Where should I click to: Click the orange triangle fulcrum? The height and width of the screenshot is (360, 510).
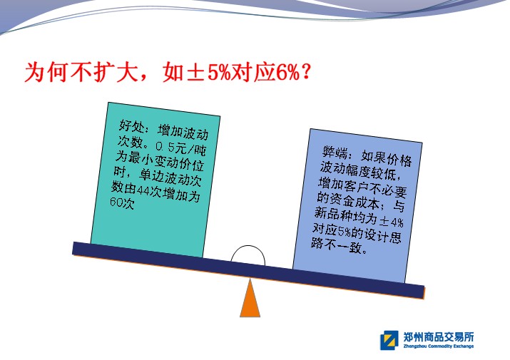(x=250, y=299)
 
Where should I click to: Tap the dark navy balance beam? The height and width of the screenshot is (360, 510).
(x=248, y=270)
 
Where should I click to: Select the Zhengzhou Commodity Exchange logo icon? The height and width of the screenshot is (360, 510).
(x=389, y=340)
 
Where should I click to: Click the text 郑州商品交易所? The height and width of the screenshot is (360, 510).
(x=439, y=337)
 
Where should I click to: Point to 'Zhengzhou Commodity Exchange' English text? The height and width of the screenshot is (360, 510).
(x=439, y=346)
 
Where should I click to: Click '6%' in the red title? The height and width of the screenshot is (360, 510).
(x=288, y=72)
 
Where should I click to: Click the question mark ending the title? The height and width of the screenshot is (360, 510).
(x=306, y=72)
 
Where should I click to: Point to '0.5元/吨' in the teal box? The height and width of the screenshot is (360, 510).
(x=180, y=148)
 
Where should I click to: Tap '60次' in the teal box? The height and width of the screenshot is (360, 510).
(x=122, y=202)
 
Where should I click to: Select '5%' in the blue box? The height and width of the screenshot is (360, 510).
(x=344, y=231)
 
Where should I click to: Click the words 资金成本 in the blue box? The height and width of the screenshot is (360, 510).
(x=355, y=200)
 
